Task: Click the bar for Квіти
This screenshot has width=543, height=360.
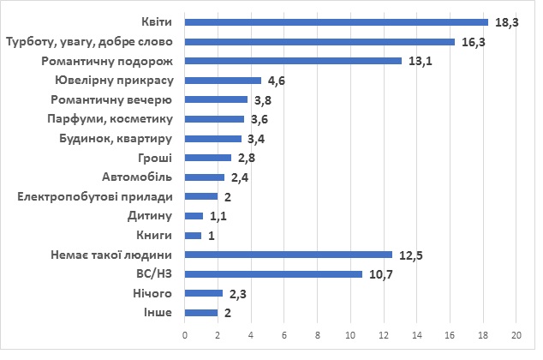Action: pyautogui.click(x=336, y=22)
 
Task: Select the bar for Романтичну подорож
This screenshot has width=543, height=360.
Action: pyautogui.click(x=293, y=61)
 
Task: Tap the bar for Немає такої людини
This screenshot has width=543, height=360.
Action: pyautogui.click(x=288, y=255)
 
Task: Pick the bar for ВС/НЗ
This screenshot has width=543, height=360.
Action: pyautogui.click(x=273, y=274)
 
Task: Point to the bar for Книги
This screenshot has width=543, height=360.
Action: pyautogui.click(x=193, y=235)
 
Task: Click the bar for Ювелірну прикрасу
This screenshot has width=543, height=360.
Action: pyautogui.click(x=223, y=81)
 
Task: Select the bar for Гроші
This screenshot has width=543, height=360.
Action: pyautogui.click(x=208, y=158)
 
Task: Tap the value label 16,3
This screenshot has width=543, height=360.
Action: pyautogui.click(x=470, y=42)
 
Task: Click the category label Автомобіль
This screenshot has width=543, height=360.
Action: pyautogui.click(x=139, y=177)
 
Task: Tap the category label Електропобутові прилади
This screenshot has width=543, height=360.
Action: pyautogui.click(x=96, y=196)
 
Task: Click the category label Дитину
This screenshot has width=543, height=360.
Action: pyautogui.click(x=152, y=216)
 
